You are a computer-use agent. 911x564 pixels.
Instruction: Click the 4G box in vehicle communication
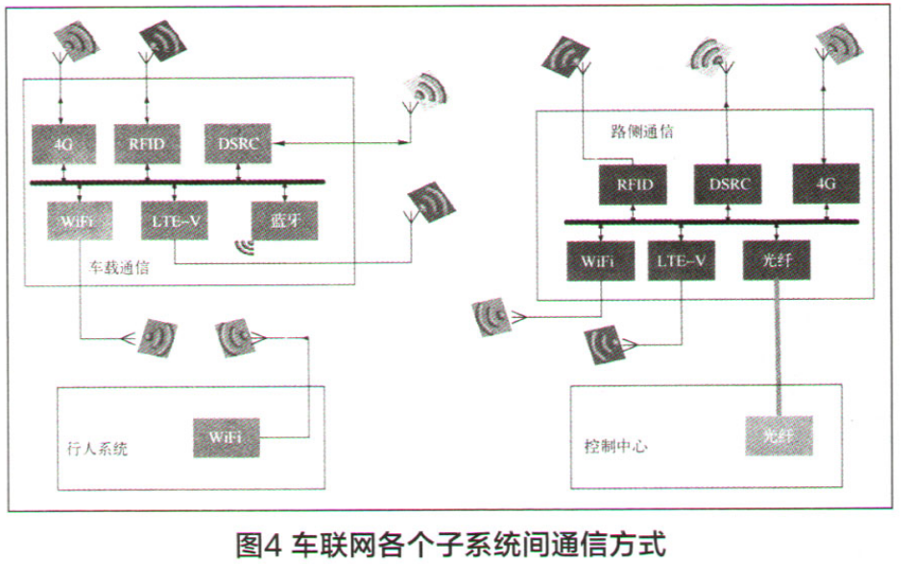[63, 143]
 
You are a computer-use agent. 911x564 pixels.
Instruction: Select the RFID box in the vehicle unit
[147, 143]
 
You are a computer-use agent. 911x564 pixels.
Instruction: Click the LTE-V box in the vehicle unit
[174, 220]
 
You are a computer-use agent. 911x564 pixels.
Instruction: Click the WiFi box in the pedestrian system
[226, 436]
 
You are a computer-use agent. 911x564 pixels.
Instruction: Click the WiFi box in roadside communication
[602, 260]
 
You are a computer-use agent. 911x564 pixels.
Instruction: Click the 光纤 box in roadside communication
[776, 260]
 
